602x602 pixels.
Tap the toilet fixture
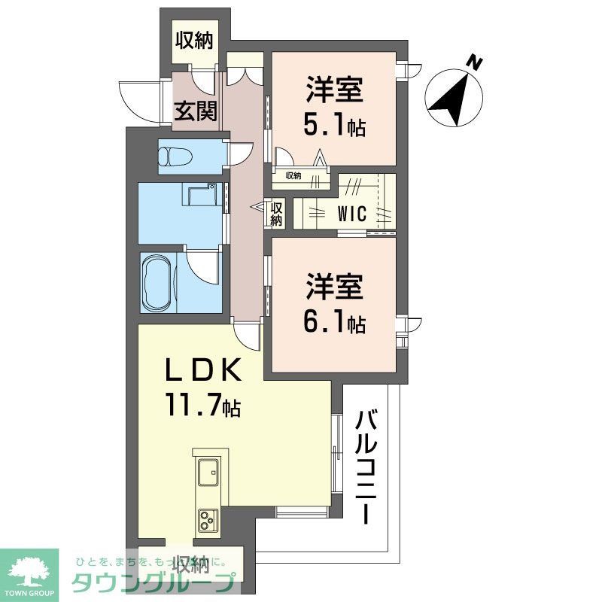pyautogui.click(x=175, y=157)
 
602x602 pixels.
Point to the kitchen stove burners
pyautogui.click(x=208, y=519)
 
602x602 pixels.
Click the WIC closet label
pyautogui.click(x=351, y=213)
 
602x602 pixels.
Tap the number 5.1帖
pyautogui.click(x=334, y=126)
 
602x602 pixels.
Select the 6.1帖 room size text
pyautogui.click(x=334, y=323)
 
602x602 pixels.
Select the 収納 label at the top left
pyautogui.click(x=194, y=40)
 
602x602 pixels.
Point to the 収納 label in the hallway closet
pyautogui.click(x=276, y=214)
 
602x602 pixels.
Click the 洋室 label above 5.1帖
pyautogui.click(x=334, y=92)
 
